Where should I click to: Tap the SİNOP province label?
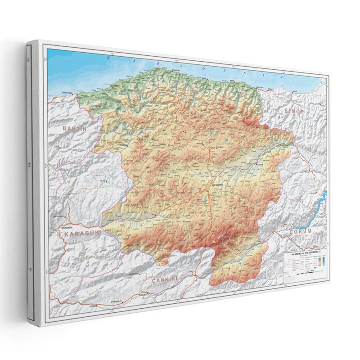point(295,111)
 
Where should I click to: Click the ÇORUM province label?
point(300,231)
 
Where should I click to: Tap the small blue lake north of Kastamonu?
point(212,133)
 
